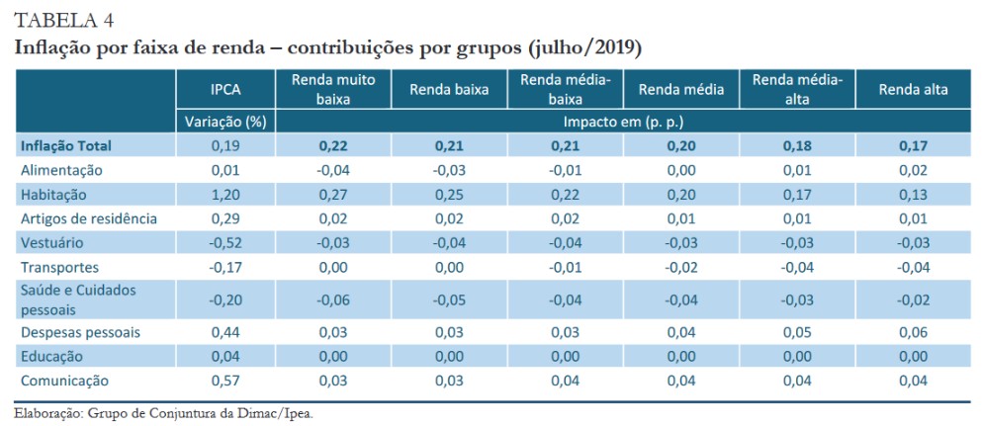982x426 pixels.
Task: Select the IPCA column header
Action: (225, 89)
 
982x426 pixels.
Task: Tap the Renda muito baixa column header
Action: (334, 89)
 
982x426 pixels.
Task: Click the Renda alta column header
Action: (913, 89)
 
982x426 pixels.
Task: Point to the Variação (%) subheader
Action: (225, 122)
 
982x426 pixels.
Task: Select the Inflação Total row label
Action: (66, 145)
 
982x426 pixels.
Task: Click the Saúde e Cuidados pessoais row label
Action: (78, 298)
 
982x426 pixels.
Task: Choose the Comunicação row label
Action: (64, 381)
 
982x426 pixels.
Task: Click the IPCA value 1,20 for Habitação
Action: (225, 194)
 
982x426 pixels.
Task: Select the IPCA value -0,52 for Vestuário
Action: (224, 242)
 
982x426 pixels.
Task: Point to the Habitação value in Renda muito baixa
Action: (334, 194)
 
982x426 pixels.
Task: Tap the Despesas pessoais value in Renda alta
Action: (913, 332)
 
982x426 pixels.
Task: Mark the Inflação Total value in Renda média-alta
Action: (797, 145)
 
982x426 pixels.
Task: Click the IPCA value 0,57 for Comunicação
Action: (225, 381)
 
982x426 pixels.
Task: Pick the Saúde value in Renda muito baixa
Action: (333, 299)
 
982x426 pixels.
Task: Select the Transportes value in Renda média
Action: (681, 267)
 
